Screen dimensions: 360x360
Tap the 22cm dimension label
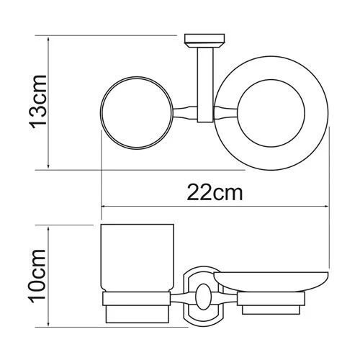tap(215, 192)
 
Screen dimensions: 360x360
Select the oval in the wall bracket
tap(203, 294)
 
